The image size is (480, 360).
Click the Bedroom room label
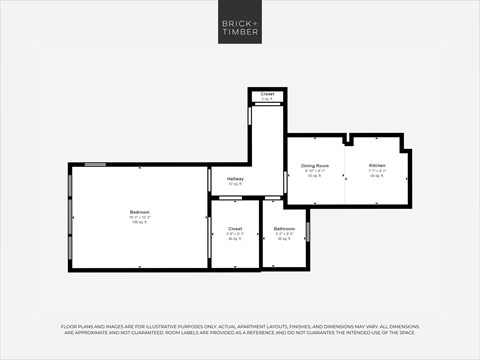click(x=138, y=211)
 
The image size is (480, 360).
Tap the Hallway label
click(x=235, y=178)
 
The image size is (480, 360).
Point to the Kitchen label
click(x=377, y=165)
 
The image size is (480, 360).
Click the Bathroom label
click(x=284, y=229)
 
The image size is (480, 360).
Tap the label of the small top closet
click(x=267, y=94)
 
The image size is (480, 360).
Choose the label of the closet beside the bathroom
click(x=235, y=229)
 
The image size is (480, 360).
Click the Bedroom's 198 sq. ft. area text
click(x=138, y=223)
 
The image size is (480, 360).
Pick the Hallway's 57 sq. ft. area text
click(x=235, y=184)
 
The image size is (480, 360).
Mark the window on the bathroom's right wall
click(x=308, y=231)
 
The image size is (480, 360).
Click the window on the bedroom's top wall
click(x=95, y=164)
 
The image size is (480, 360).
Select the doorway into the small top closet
click(x=267, y=107)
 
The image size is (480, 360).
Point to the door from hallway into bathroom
click(x=271, y=198)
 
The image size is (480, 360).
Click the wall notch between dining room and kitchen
click(x=345, y=139)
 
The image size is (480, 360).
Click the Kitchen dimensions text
click(x=377, y=170)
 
